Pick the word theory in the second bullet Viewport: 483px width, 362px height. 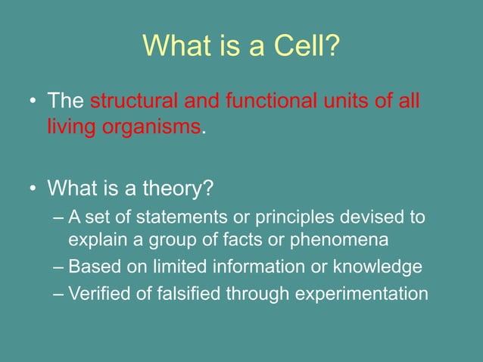coord(177,186)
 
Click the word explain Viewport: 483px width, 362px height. coord(95,241)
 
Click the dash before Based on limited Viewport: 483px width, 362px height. coord(60,268)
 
